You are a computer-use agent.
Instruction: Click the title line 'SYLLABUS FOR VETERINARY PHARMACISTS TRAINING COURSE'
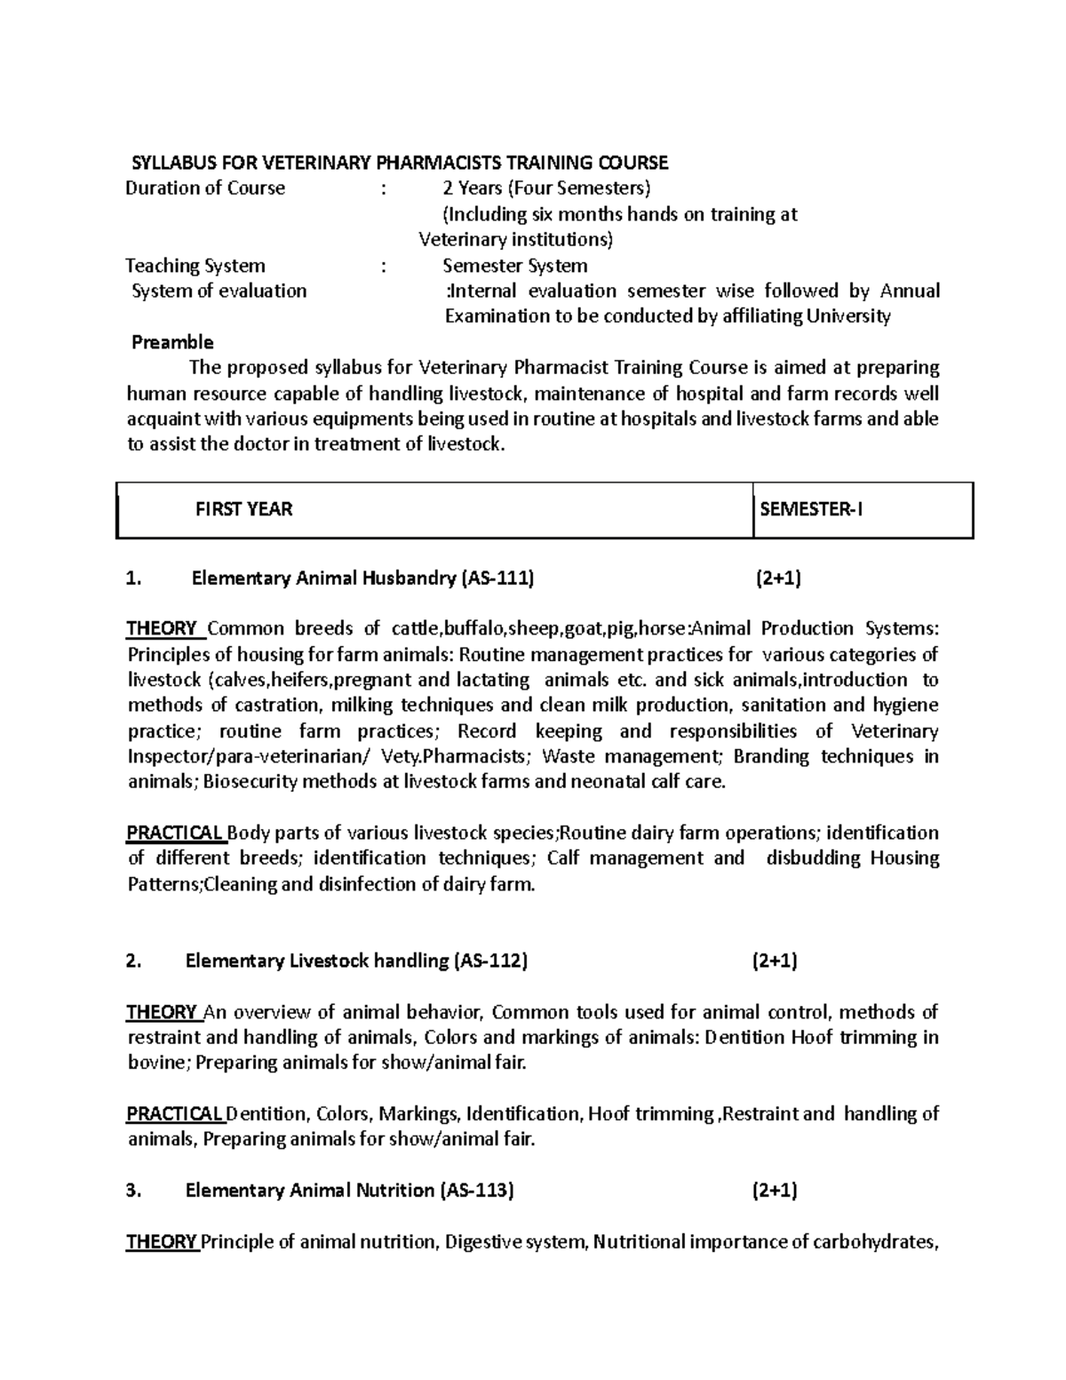[x=400, y=163]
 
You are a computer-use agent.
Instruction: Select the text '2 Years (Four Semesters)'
[x=546, y=188]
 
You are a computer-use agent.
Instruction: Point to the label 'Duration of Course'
[x=205, y=188]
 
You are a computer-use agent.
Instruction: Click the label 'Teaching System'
[x=195, y=266]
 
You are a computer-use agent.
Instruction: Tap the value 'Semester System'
[x=515, y=266]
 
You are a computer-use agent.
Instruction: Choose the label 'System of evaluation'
[x=219, y=291]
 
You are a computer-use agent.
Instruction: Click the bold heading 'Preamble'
[x=172, y=343]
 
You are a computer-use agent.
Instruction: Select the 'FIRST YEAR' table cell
[x=243, y=510]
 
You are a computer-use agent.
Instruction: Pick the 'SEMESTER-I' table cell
[x=811, y=510]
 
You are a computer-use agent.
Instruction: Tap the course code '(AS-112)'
[x=490, y=961]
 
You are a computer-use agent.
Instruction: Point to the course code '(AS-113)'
[x=477, y=1192]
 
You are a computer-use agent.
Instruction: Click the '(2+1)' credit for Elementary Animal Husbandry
[x=778, y=579]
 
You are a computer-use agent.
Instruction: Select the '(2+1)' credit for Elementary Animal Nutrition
[x=775, y=1192]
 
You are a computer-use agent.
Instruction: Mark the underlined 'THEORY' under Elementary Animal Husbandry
[x=162, y=629]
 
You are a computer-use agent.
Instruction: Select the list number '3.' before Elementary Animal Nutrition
[x=134, y=1192]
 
